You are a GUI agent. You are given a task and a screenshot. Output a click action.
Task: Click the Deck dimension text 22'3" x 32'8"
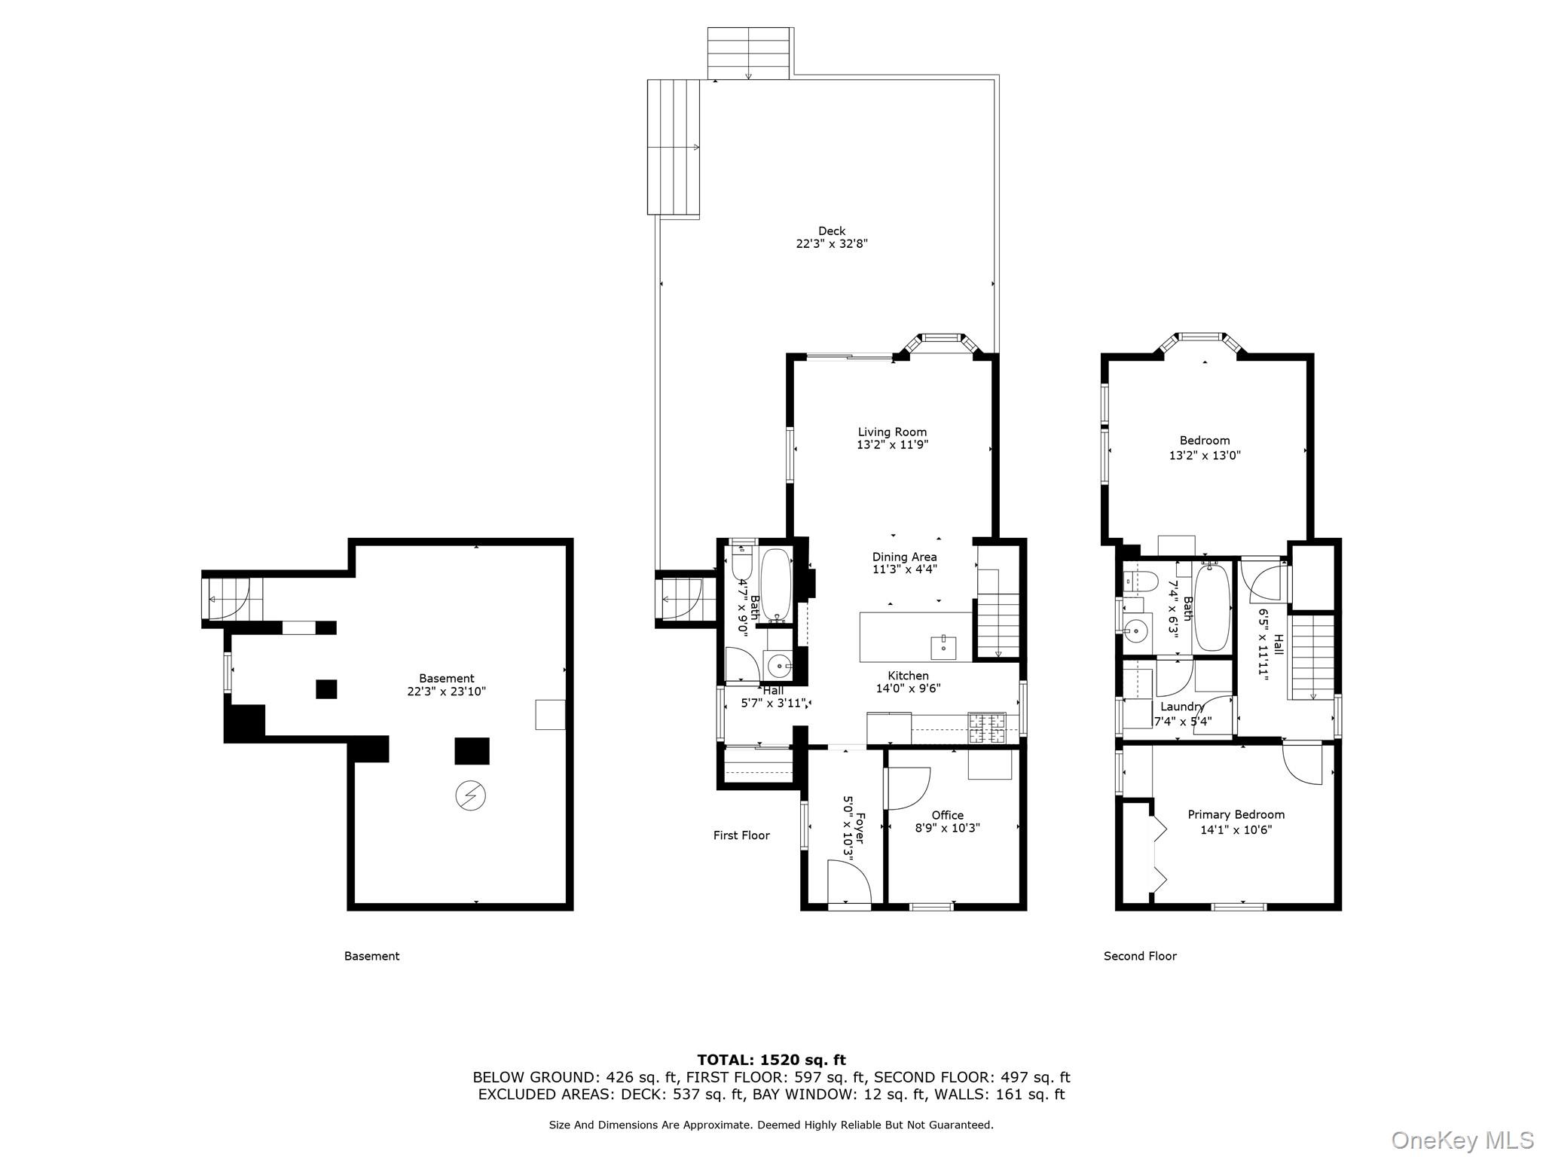[x=832, y=244]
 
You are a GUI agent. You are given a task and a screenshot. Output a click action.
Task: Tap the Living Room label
[x=892, y=432]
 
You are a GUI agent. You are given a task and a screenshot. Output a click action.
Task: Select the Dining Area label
[x=904, y=557]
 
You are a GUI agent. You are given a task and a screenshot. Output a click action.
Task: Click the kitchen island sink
[x=943, y=646]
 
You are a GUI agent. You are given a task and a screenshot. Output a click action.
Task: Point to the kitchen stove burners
[x=987, y=728]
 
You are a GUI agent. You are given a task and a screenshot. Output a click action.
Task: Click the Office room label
[x=947, y=815]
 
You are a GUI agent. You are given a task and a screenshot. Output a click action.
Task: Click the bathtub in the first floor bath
[x=775, y=585]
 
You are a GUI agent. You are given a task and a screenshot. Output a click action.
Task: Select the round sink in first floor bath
[x=778, y=667]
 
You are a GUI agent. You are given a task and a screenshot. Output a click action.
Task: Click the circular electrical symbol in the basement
[x=470, y=795]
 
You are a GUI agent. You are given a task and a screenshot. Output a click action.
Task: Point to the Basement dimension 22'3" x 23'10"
[x=447, y=691]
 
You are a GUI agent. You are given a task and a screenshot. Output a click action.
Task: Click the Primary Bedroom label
[x=1236, y=814]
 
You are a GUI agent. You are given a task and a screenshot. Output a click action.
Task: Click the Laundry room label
[x=1181, y=707]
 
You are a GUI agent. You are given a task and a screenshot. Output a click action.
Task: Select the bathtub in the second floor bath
[x=1212, y=607]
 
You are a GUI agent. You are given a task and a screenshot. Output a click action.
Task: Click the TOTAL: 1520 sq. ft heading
[x=771, y=1060]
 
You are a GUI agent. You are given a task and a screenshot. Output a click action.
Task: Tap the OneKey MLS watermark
[x=1462, y=1140]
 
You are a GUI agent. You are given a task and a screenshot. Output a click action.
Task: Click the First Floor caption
[x=741, y=835]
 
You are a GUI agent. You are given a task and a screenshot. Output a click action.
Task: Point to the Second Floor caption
[x=1140, y=956]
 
